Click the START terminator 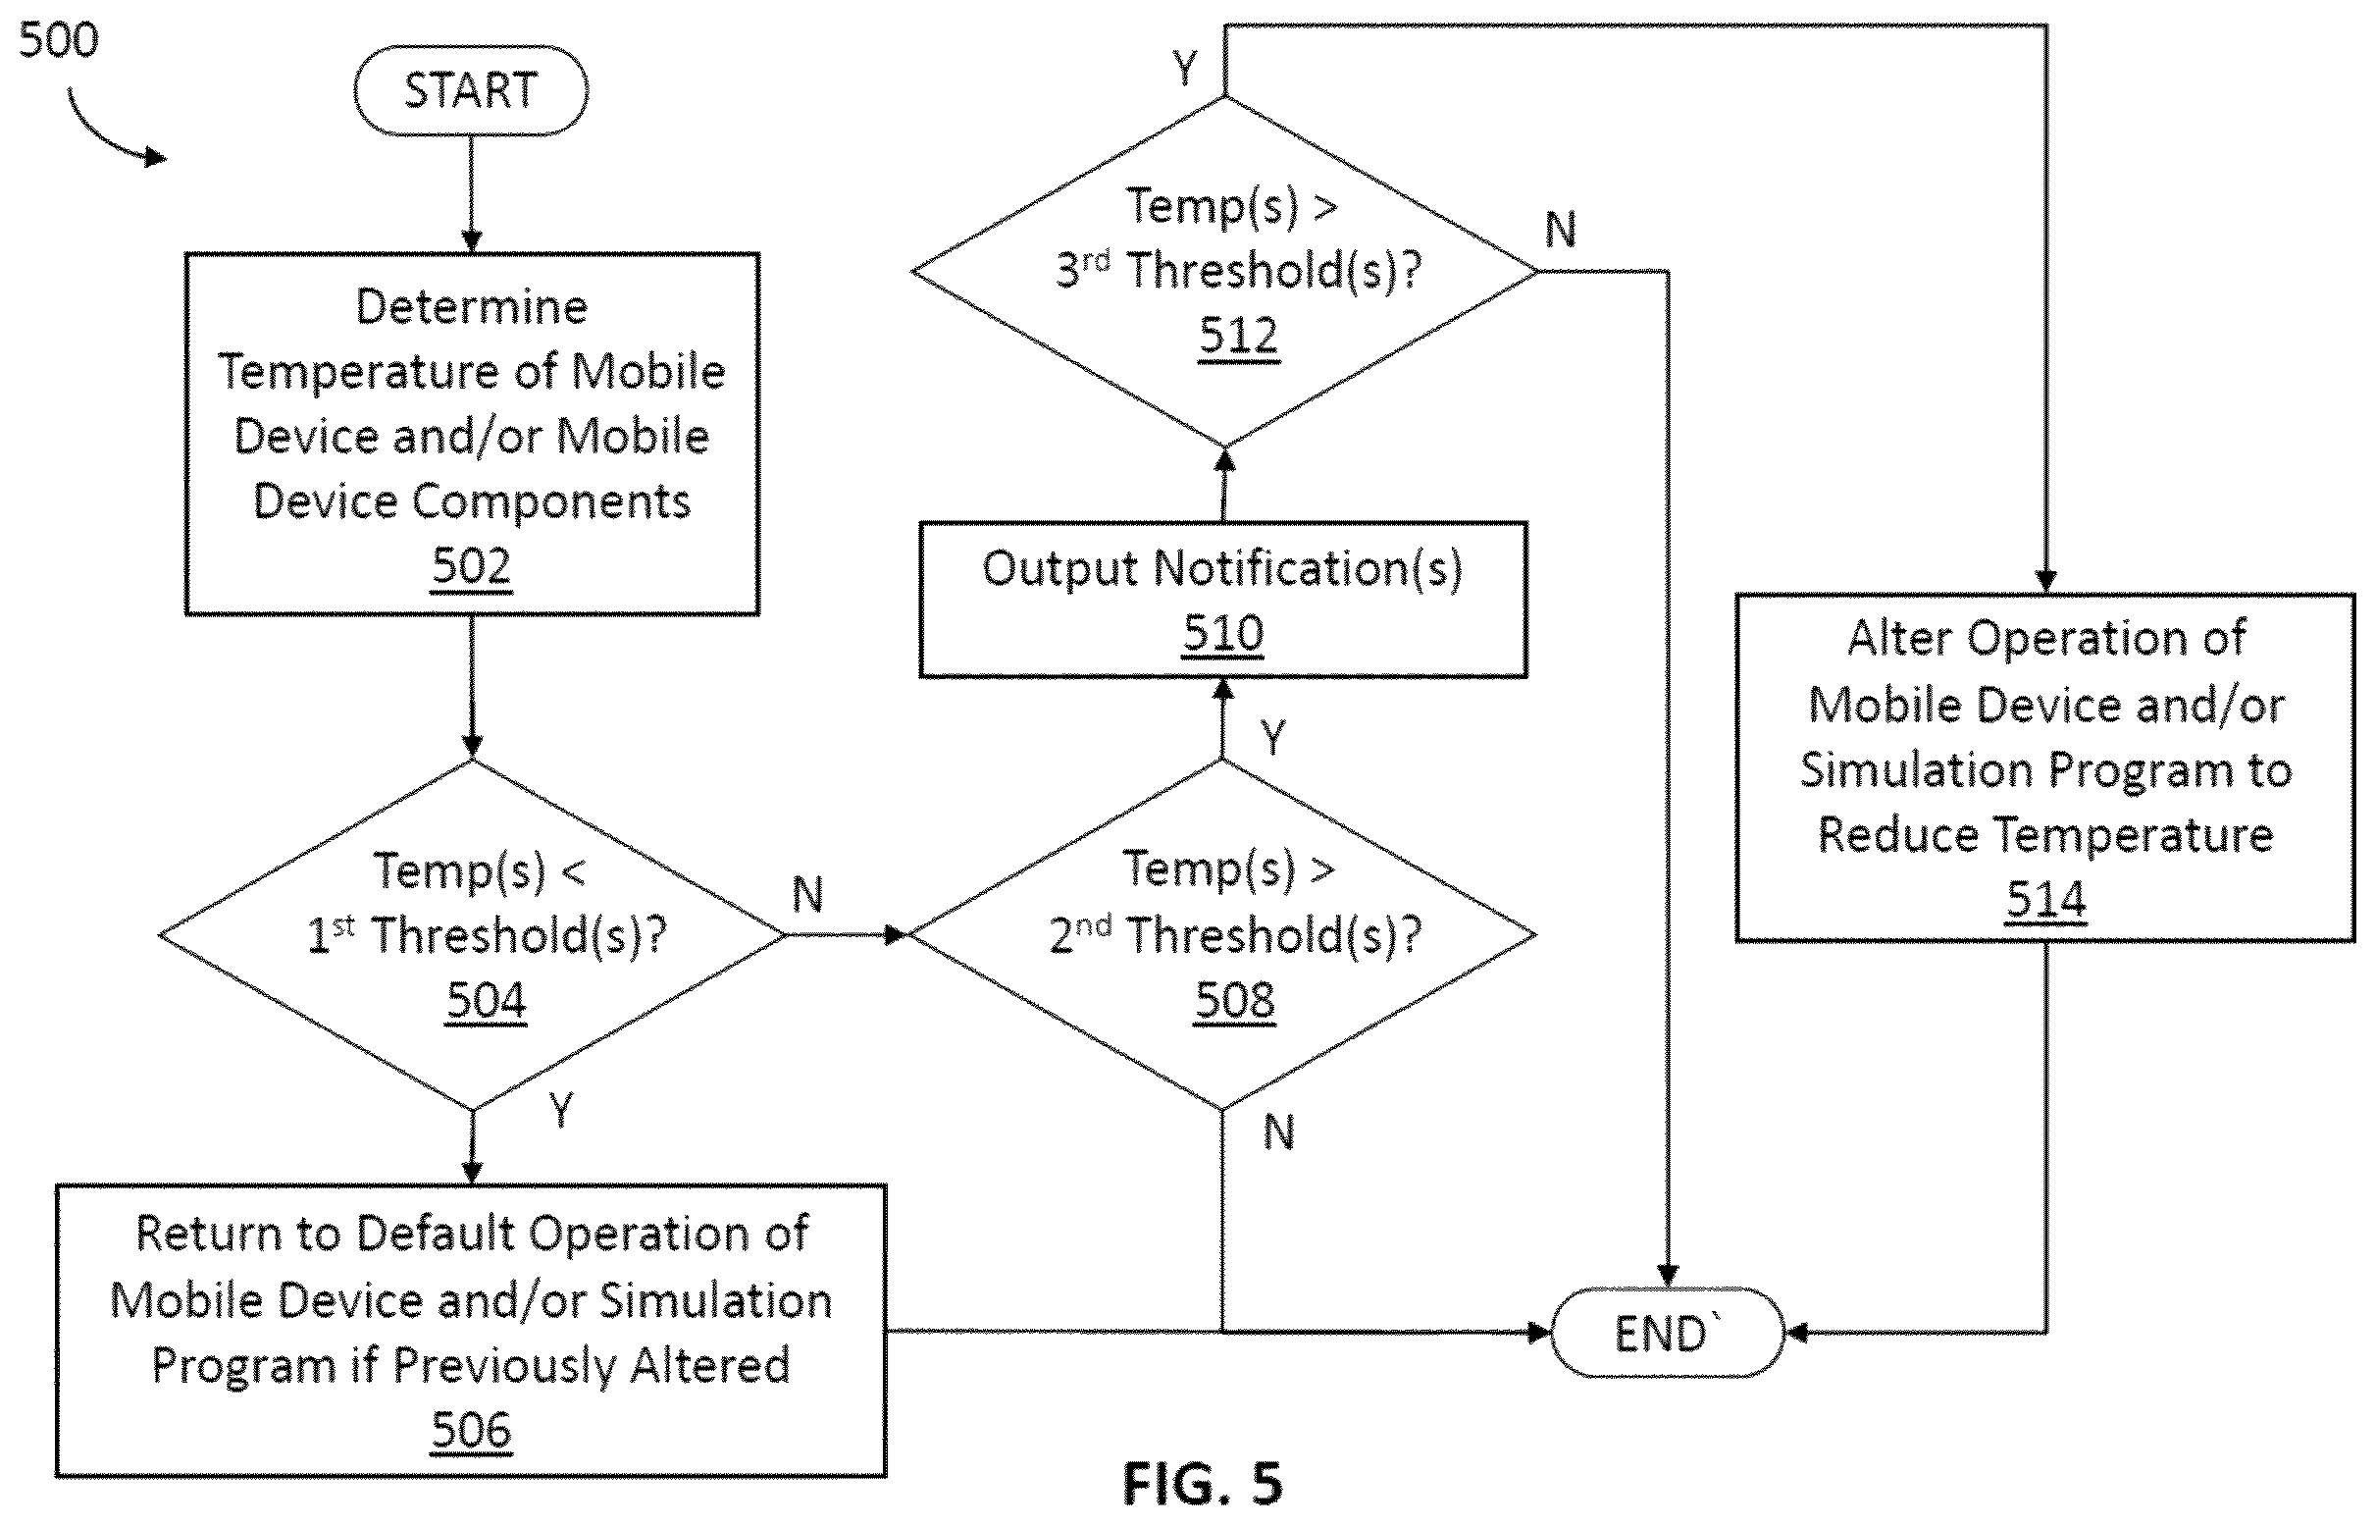pos(471,90)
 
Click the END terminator pos(1667,1333)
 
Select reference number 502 pos(472,566)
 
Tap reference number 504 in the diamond pos(487,1000)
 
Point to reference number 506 pos(472,1430)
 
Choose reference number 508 pos(1235,1000)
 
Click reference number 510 pos(1223,632)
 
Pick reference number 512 pos(1239,335)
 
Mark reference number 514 pos(2046,900)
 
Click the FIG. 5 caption pos(1203,1484)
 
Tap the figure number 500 pos(59,40)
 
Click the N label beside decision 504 pos(807,895)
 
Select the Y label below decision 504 pos(560,1110)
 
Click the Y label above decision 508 pos(1272,738)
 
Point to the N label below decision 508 pos(1278,1131)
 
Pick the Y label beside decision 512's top pos(1184,69)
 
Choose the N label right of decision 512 pos(1560,230)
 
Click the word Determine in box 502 pos(472,306)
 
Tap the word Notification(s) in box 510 pos(1308,570)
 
